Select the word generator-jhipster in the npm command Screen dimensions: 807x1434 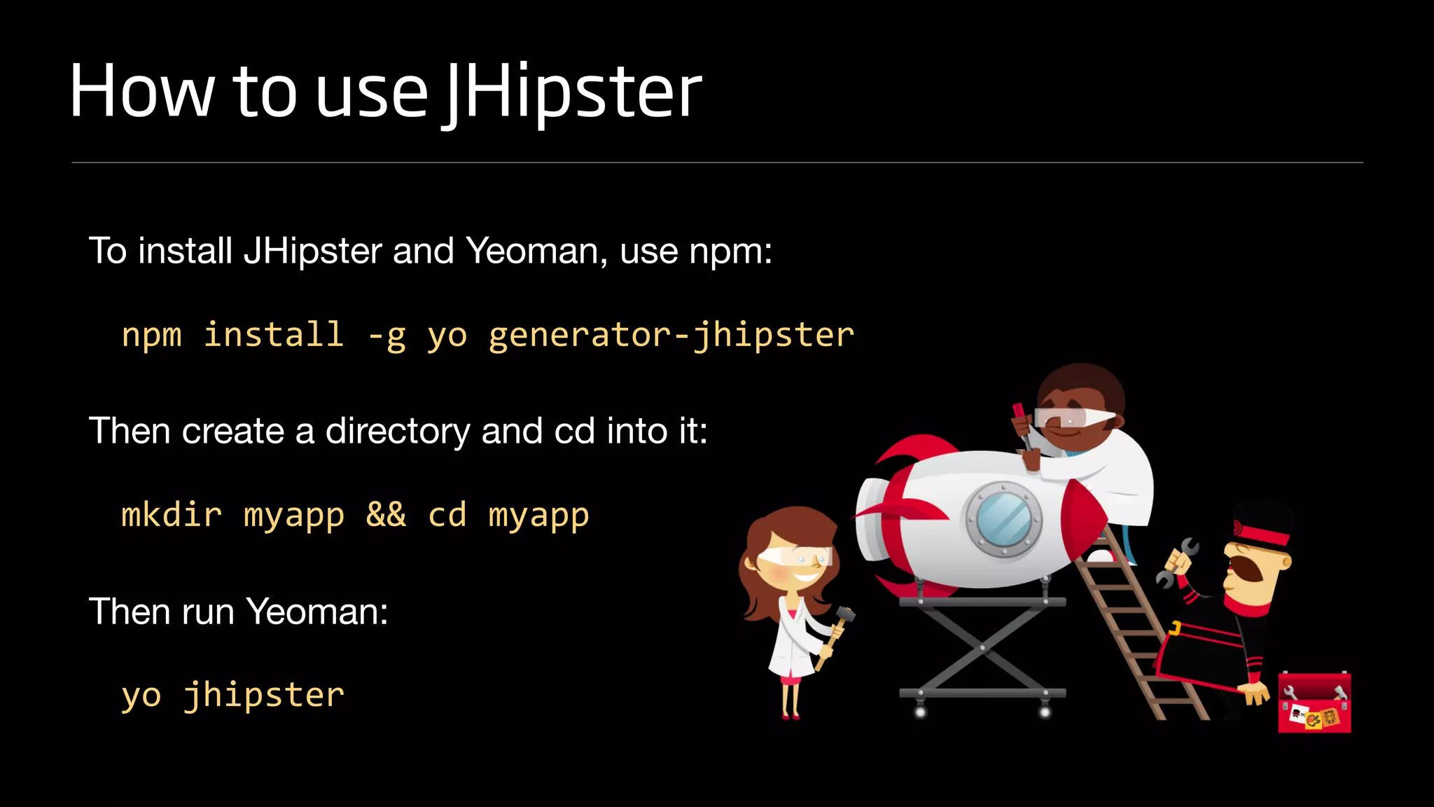coord(671,335)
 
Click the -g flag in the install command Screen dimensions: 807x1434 coord(387,335)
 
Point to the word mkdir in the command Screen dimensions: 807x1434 coord(172,515)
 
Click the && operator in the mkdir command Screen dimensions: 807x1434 coord(386,515)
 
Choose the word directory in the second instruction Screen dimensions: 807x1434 coord(398,431)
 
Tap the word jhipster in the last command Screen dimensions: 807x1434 coord(264,695)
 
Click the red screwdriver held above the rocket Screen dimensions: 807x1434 coord(1021,420)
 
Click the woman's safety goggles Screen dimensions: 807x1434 coord(795,556)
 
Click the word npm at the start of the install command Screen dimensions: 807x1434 coord(151,335)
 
